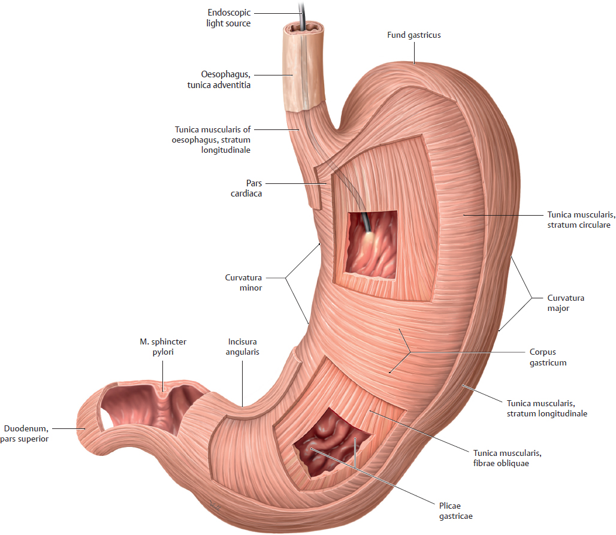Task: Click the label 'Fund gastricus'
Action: tap(413, 35)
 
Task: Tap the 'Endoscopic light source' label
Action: tap(228, 18)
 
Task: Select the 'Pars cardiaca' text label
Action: tap(246, 188)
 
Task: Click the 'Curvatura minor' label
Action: tap(243, 282)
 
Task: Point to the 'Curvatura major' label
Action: tap(566, 303)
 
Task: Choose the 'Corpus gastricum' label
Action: tap(548, 357)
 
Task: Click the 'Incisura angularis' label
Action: tap(243, 347)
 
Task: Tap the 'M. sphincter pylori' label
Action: tap(163, 347)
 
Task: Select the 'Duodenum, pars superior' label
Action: tap(25, 434)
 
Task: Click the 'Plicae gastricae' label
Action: tap(456, 510)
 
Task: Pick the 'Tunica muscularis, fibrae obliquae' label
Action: tap(507, 458)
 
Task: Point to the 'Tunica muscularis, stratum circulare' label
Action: tap(581, 220)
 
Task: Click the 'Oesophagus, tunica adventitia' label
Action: tap(219, 79)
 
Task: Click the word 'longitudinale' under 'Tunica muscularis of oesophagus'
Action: tap(225, 150)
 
